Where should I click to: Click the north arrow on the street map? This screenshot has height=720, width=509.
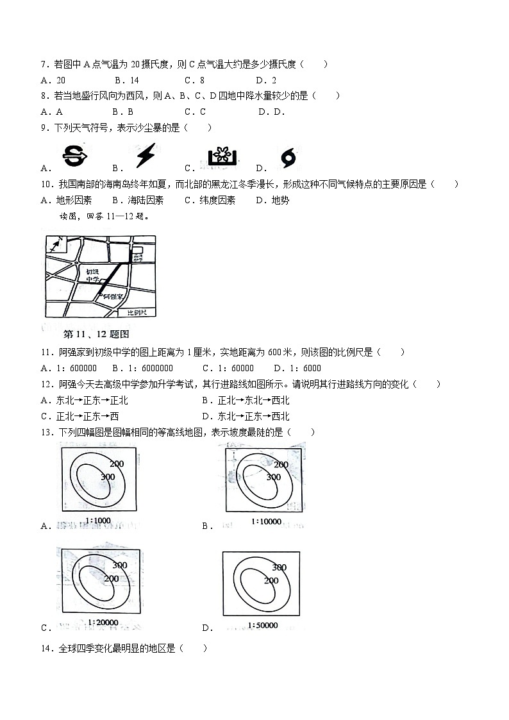pos(56,245)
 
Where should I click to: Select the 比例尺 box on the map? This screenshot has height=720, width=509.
pos(137,312)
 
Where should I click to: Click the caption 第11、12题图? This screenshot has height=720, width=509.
pos(97,334)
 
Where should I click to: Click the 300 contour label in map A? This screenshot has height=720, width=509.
pos(107,476)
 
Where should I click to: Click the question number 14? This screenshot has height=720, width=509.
pos(46,648)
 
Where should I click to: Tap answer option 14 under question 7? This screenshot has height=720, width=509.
pos(134,80)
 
